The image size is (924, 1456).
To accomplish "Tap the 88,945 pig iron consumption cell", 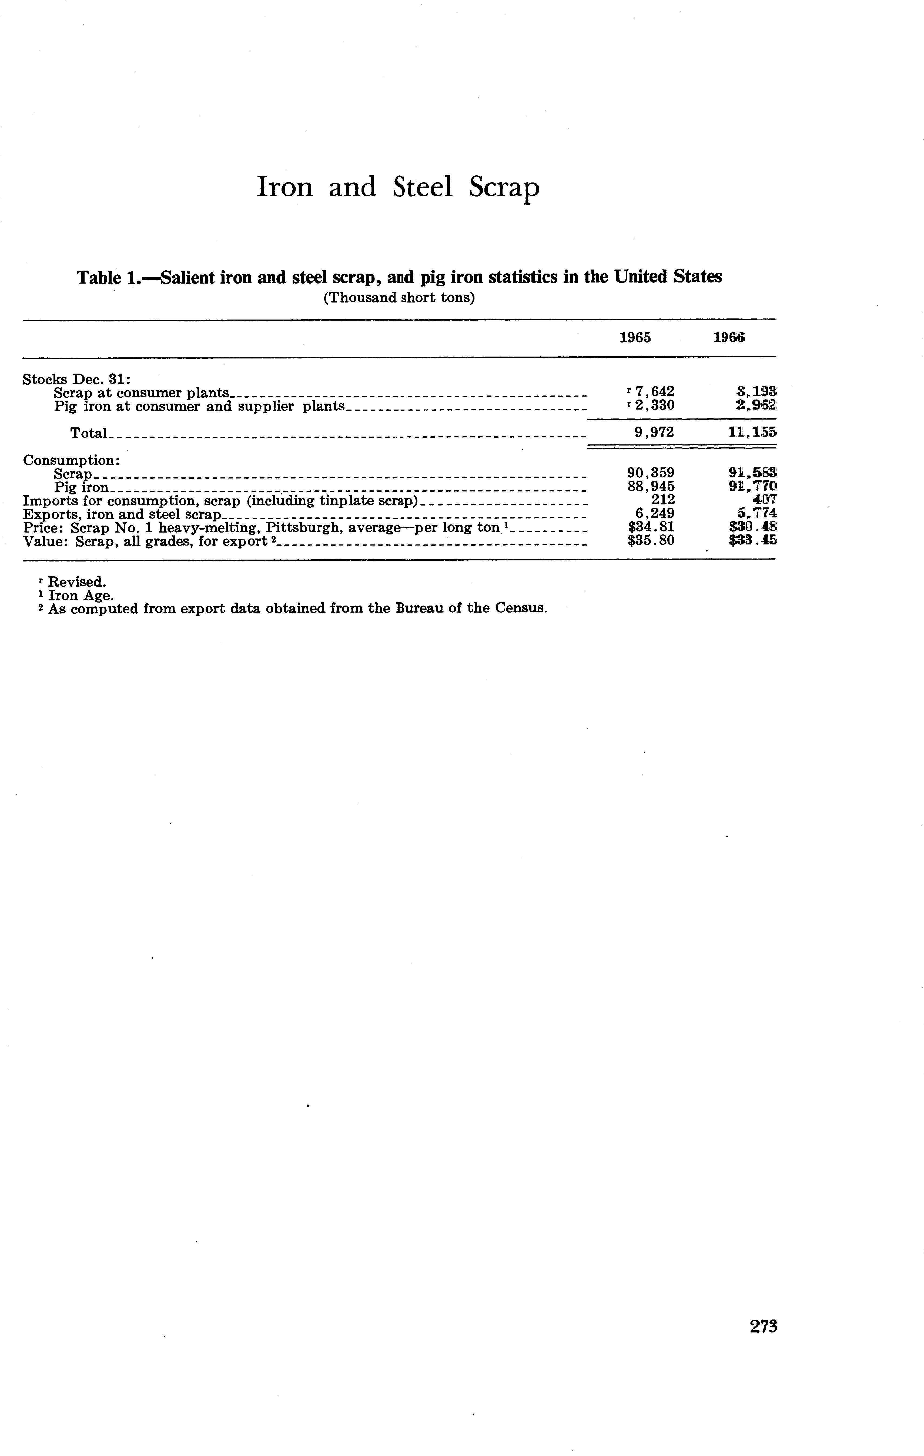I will pos(651,487).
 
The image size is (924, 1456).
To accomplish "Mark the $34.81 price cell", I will pos(651,527).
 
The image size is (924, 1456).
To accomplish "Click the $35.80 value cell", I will pos(651,541).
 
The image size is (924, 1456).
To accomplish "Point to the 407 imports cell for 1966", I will pos(764,500).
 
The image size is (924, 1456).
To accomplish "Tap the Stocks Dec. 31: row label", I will pos(72,379).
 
